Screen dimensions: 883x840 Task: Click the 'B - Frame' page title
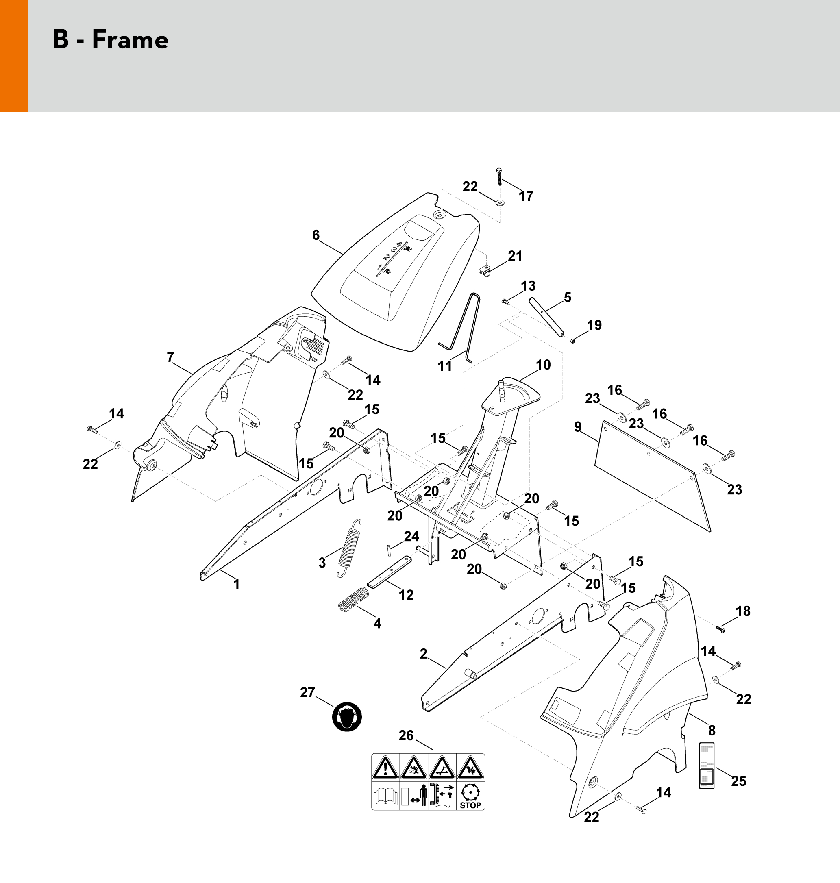pyautogui.click(x=111, y=40)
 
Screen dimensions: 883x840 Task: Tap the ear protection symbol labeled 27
pyautogui.click(x=346, y=716)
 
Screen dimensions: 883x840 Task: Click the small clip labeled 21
pyautogui.click(x=485, y=270)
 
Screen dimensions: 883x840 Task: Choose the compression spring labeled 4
pyautogui.click(x=353, y=599)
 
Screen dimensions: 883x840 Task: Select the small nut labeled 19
pyautogui.click(x=573, y=341)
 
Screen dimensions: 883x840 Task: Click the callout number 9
pyautogui.click(x=578, y=427)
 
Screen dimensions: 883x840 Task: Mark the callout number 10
pyautogui.click(x=543, y=365)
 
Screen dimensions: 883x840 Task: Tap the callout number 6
pyautogui.click(x=316, y=235)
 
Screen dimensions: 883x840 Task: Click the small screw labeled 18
pyautogui.click(x=721, y=630)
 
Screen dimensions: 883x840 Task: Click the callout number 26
pyautogui.click(x=406, y=735)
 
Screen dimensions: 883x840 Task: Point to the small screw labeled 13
pyautogui.click(x=505, y=302)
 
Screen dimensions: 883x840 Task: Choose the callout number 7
pyautogui.click(x=170, y=357)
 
